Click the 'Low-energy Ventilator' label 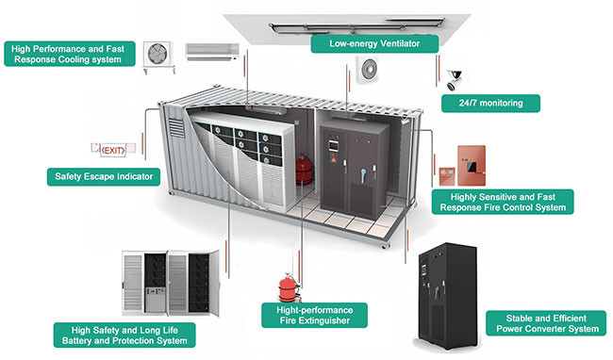click(374, 43)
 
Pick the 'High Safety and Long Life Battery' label click(122, 334)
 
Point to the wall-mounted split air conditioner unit click(207, 47)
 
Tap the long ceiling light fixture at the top click(352, 24)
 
